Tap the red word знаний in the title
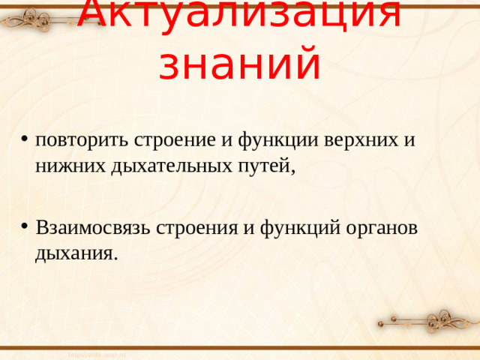[240, 63]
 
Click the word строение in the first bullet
[172, 139]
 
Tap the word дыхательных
[169, 166]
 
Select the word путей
[263, 166]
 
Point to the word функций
[297, 226]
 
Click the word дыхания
[74, 253]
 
